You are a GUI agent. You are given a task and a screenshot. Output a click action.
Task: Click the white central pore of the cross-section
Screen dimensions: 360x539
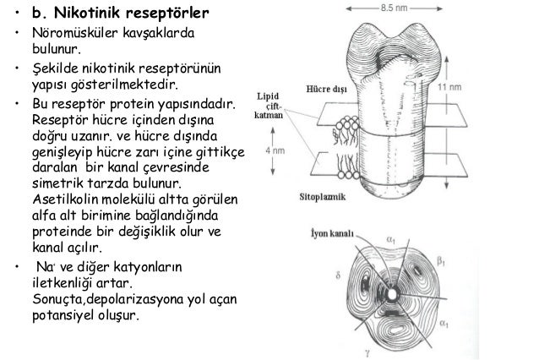[x=394, y=293]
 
